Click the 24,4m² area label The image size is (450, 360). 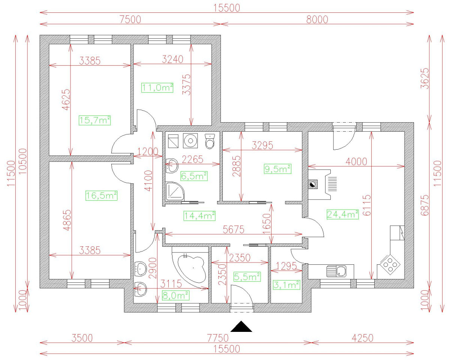343,214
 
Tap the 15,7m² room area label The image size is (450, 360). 95,120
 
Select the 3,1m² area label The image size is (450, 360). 286,285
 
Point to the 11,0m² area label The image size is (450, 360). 157,88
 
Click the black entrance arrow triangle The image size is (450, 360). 241,327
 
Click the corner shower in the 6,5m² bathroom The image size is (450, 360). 174,192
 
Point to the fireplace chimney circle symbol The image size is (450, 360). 312,184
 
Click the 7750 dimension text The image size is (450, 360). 217,338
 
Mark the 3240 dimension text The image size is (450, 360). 172,59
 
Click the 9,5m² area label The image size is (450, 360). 278,169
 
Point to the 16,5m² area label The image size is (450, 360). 101,195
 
